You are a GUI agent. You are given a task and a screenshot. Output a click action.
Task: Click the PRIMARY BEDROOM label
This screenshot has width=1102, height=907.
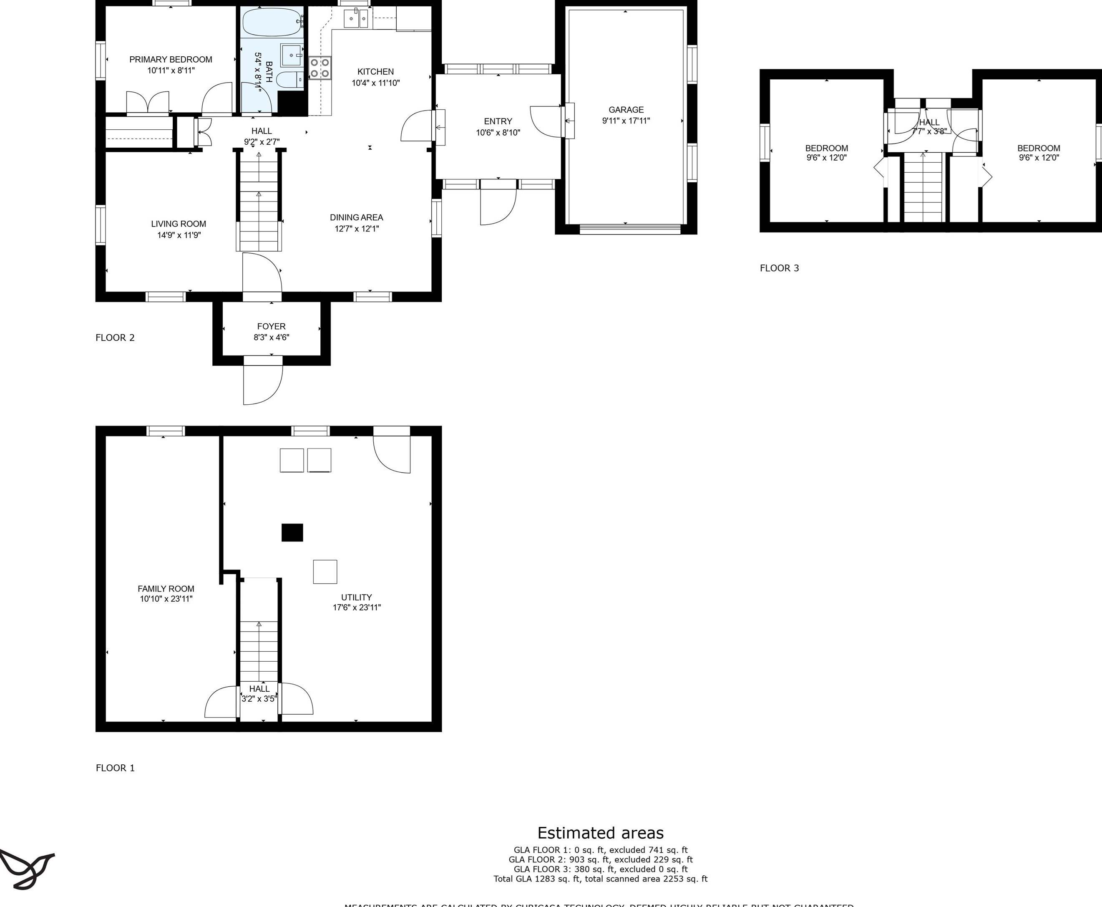pyautogui.click(x=171, y=60)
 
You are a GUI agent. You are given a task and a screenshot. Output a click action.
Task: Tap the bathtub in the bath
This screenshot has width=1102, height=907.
pyautogui.click(x=272, y=22)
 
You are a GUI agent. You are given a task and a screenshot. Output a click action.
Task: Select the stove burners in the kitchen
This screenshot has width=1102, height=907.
pyautogui.click(x=320, y=68)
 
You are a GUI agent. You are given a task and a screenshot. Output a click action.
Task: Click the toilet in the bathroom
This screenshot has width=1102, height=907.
pyautogui.click(x=287, y=80)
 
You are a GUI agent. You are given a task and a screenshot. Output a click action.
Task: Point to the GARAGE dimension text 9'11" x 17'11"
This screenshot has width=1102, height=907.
pyautogui.click(x=626, y=121)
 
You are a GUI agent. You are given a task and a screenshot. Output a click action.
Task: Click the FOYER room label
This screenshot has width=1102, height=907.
pyautogui.click(x=271, y=327)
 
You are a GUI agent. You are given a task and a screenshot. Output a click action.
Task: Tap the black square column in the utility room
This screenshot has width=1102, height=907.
pyautogui.click(x=292, y=532)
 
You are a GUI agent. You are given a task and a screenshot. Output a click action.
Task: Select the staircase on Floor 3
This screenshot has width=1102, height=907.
pyautogui.click(x=923, y=188)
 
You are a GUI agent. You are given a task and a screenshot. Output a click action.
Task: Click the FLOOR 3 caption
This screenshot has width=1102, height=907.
pyautogui.click(x=779, y=268)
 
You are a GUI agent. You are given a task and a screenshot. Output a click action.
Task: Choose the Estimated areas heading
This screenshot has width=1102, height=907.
pyautogui.click(x=600, y=833)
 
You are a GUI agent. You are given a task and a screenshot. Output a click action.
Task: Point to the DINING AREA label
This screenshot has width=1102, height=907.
pyautogui.click(x=356, y=217)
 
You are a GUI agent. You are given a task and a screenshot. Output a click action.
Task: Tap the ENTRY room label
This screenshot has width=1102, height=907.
pyautogui.click(x=498, y=121)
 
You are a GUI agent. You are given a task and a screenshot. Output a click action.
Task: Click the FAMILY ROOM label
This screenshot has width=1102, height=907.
pyautogui.click(x=166, y=589)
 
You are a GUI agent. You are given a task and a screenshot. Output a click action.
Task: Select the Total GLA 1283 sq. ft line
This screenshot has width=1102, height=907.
pyautogui.click(x=600, y=879)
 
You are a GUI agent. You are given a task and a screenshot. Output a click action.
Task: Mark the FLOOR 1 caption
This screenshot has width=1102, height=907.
pyautogui.click(x=115, y=768)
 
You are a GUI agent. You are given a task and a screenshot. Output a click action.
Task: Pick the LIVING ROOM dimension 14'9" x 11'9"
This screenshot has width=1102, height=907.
pyautogui.click(x=179, y=235)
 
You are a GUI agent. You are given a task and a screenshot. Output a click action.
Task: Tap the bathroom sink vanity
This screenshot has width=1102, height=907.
pyautogui.click(x=292, y=55)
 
